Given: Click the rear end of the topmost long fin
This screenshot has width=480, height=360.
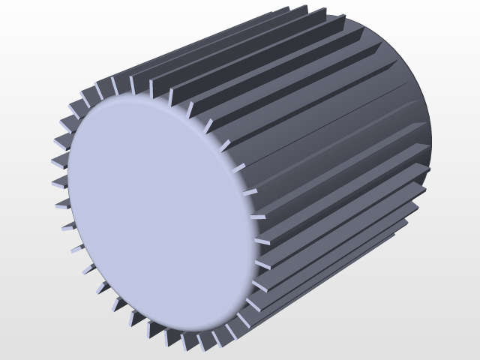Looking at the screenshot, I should coord(307,9).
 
